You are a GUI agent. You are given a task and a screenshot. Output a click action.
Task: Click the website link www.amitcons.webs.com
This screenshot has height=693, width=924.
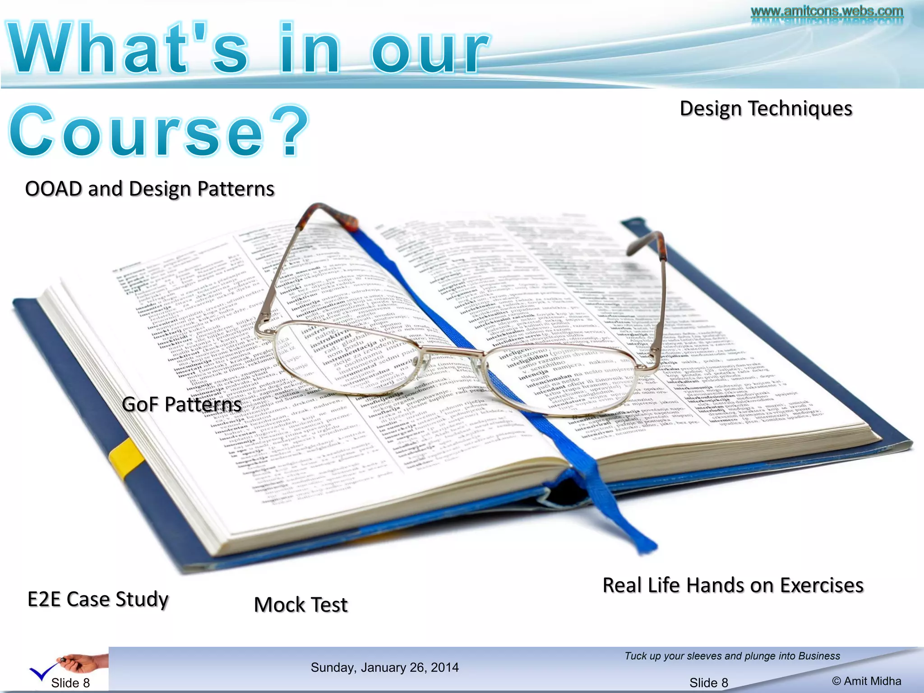click(x=827, y=11)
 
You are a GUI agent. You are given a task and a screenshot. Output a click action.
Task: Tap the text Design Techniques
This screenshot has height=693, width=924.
click(x=766, y=109)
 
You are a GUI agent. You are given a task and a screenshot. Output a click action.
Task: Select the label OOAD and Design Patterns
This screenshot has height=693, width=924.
click(x=150, y=189)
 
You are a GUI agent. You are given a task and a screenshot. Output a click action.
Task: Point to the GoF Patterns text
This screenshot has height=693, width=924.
click(x=181, y=404)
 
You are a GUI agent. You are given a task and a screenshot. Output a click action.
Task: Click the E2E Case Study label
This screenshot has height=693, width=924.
click(x=98, y=599)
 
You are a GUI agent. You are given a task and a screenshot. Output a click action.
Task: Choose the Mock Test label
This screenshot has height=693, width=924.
click(x=301, y=605)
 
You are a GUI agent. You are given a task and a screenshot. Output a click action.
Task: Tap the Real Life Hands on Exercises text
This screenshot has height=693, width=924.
click(x=733, y=585)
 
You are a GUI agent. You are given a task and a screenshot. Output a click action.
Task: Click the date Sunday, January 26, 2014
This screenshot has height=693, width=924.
click(x=384, y=667)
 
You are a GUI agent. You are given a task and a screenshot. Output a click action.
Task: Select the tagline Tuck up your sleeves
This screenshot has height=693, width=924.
click(x=732, y=656)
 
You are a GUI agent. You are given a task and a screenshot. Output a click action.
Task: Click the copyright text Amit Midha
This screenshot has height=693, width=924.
click(x=866, y=681)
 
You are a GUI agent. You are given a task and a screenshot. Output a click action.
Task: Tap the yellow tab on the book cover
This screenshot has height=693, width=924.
click(x=126, y=458)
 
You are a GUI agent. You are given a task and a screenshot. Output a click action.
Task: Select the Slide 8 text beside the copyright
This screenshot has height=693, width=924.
click(x=708, y=683)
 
